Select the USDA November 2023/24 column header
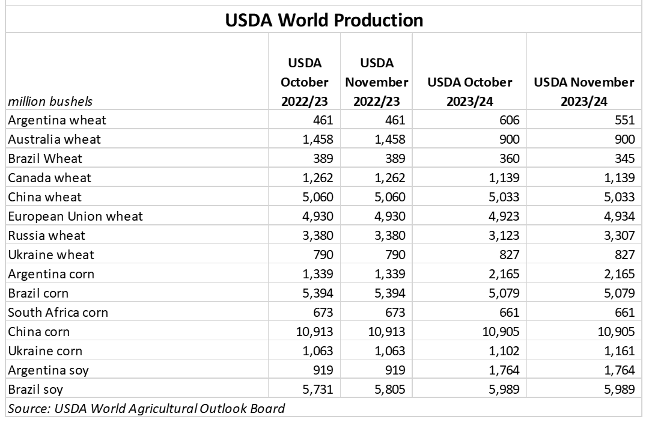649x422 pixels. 584,91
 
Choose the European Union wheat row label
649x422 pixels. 75,216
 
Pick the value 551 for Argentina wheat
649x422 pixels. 623,120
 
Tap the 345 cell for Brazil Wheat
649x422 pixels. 623,158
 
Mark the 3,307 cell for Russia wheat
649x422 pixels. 618,236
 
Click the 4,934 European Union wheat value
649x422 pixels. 618,216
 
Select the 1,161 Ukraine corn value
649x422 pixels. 618,351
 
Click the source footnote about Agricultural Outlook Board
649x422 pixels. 146,409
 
